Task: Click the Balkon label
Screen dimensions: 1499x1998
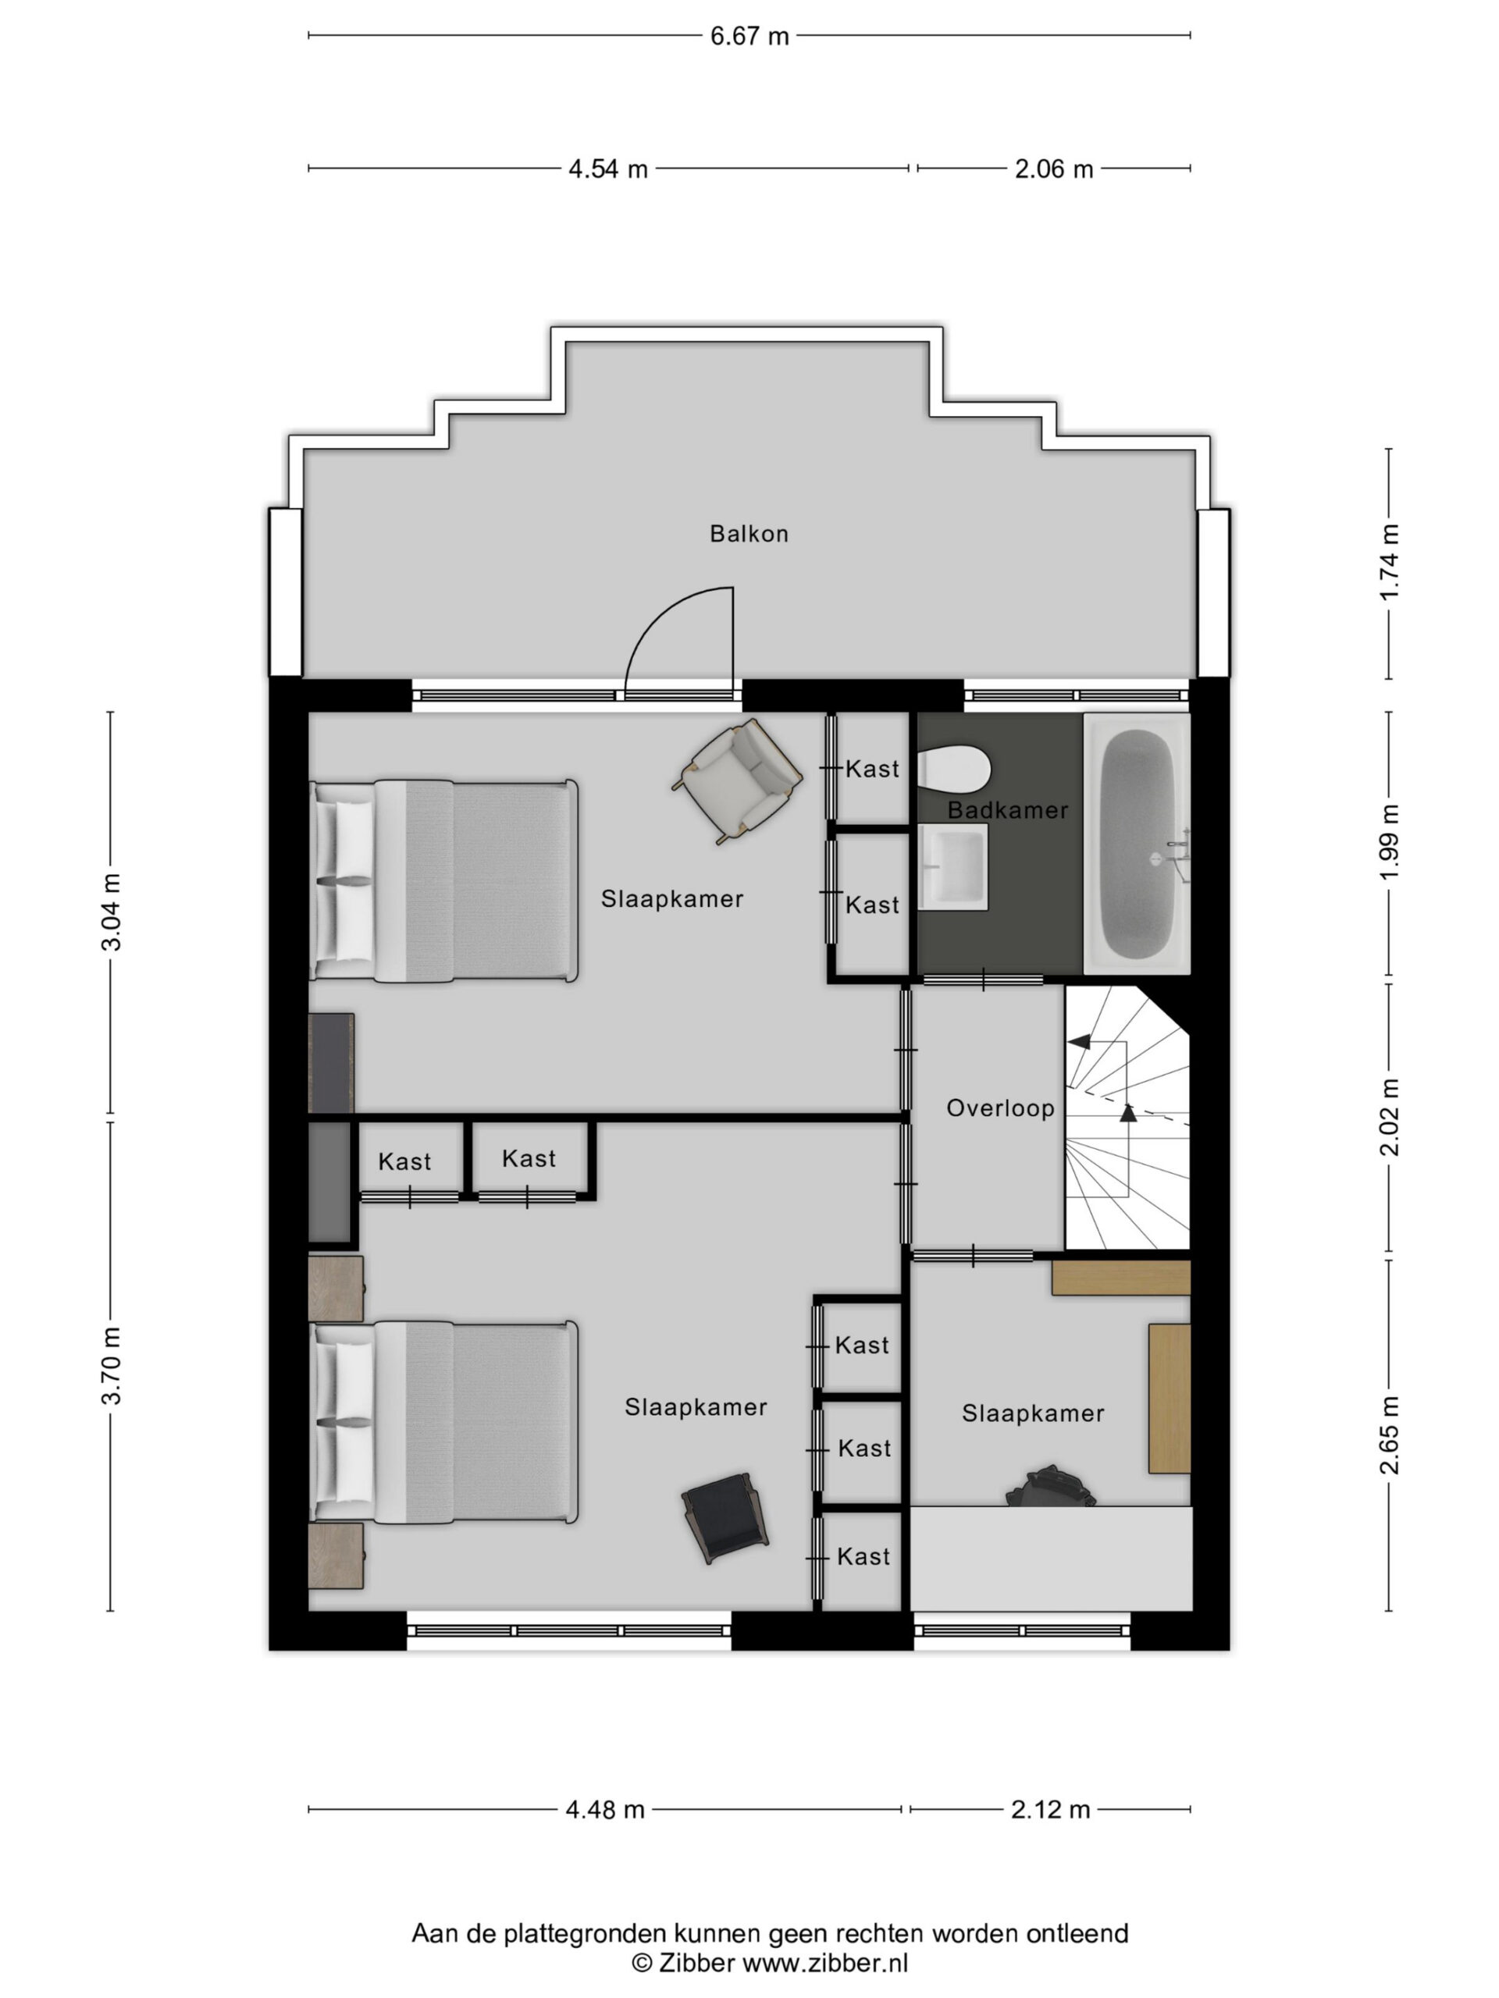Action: tap(748, 534)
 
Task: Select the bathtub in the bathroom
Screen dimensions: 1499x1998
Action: tap(1137, 844)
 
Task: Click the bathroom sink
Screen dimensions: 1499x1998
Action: tap(952, 866)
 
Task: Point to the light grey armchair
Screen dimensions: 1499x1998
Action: tap(736, 780)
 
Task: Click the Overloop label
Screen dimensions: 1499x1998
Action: tap(1000, 1108)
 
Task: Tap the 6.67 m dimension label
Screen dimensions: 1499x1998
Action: tap(749, 36)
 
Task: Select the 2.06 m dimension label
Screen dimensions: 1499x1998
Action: tap(1053, 169)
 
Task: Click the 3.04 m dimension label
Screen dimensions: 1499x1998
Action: tap(111, 912)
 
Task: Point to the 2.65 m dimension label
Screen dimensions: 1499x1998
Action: tap(1389, 1435)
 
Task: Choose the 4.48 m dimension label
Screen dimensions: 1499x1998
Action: tap(604, 1809)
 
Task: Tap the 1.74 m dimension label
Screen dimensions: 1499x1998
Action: tap(1389, 562)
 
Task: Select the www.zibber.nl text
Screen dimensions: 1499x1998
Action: tap(825, 1962)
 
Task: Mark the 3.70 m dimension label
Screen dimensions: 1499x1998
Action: tap(111, 1367)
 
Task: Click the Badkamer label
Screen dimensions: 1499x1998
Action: tap(1007, 810)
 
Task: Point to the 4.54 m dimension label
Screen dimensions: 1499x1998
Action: tap(607, 169)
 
